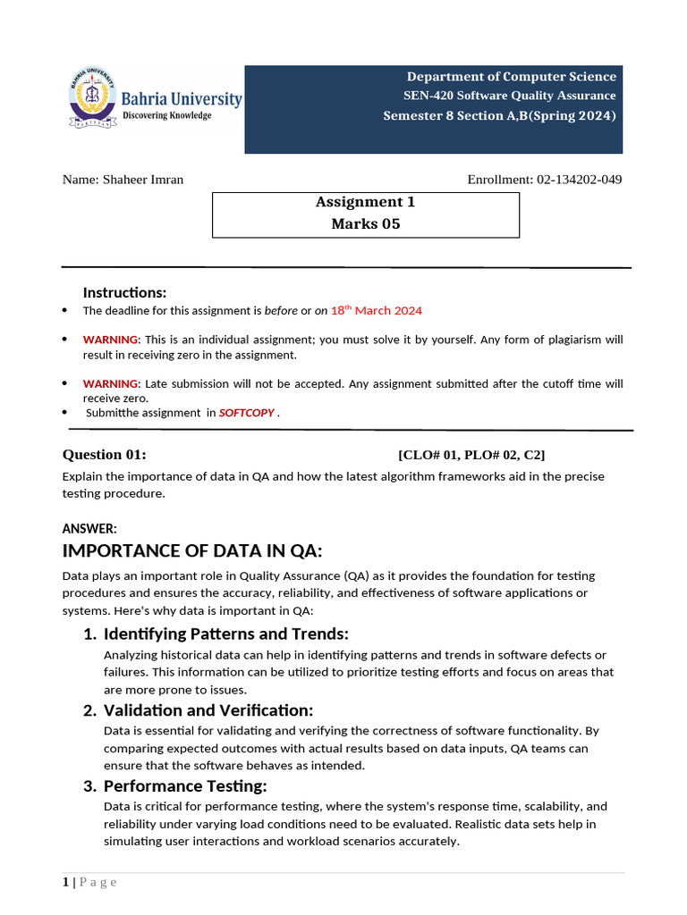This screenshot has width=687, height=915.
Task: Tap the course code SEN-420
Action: (x=425, y=96)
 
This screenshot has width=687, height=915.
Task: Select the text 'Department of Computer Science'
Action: (x=512, y=77)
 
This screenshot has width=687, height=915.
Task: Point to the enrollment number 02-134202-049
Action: (x=579, y=180)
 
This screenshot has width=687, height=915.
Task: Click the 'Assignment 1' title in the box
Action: (x=365, y=202)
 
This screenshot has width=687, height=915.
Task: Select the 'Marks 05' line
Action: (x=365, y=224)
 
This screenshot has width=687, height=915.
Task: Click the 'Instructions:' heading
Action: (x=124, y=293)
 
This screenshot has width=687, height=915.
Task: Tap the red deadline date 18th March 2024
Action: (x=376, y=311)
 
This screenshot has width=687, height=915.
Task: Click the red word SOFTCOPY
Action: (x=247, y=413)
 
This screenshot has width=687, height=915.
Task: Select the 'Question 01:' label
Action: (x=105, y=455)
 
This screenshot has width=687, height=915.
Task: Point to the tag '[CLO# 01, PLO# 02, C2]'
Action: (x=478, y=455)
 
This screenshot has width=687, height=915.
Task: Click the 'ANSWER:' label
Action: (x=89, y=529)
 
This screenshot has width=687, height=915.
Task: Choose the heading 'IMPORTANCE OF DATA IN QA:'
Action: (x=192, y=550)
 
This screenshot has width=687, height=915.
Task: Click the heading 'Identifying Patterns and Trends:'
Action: (x=225, y=634)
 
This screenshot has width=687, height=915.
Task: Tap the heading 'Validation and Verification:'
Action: (x=208, y=710)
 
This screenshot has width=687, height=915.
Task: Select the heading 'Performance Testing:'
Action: (x=185, y=786)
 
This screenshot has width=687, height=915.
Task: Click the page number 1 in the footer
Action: (x=65, y=883)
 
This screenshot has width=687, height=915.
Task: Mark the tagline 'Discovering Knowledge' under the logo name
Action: (x=166, y=116)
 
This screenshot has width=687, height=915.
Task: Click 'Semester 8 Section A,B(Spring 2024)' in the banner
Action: (x=499, y=115)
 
